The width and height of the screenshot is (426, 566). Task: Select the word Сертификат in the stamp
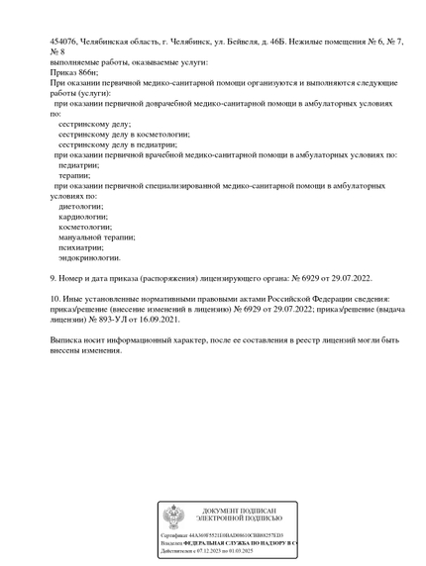175,535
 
